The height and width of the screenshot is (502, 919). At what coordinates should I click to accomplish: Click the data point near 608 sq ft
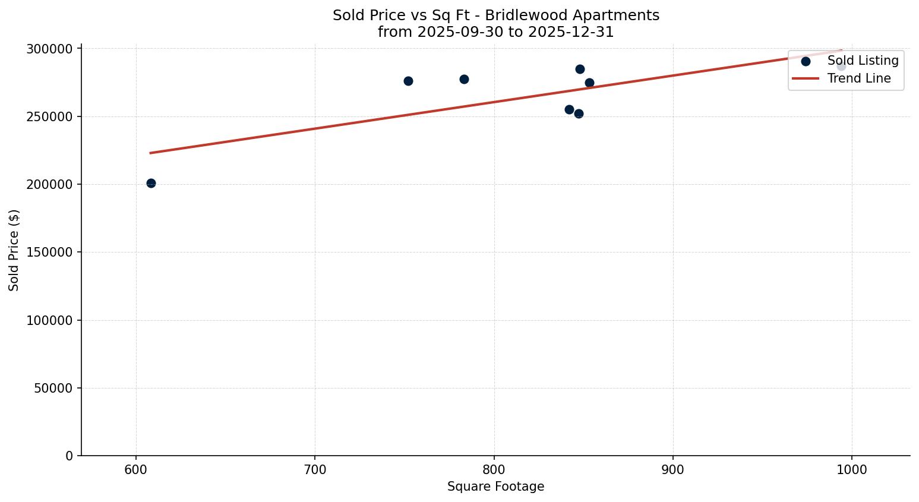151,183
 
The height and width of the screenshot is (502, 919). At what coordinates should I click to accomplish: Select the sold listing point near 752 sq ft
408,81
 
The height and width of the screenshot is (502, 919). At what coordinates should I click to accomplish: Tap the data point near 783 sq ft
464,79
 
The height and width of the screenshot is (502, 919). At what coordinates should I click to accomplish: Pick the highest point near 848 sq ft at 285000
580,69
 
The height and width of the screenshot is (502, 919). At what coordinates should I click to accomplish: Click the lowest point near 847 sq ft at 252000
579,113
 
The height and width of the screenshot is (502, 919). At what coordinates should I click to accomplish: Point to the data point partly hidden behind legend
841,66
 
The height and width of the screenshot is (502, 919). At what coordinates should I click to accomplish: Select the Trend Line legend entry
858,78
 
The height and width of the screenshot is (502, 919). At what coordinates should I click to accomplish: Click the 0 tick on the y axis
70,456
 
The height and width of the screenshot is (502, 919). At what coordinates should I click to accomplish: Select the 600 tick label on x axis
136,469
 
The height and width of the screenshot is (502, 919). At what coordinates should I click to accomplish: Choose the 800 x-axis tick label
494,469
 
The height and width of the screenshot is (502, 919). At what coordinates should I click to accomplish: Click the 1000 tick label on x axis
852,469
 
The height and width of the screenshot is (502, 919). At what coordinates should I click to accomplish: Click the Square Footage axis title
495,487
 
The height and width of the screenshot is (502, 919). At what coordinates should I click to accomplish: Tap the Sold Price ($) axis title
14,250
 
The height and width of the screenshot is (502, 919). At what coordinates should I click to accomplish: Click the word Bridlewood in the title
517,15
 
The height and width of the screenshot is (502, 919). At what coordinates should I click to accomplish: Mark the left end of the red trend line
150,153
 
